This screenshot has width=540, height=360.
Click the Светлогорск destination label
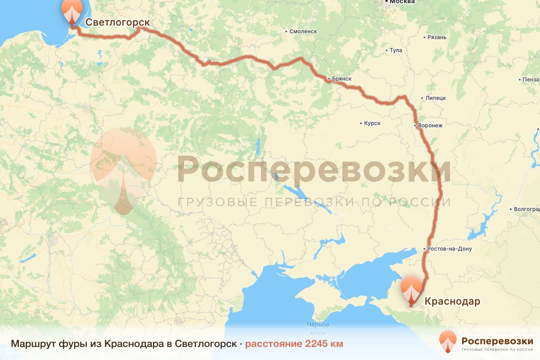point(117,22)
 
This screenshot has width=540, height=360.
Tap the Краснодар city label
point(452,301)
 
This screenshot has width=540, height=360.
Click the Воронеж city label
point(431,126)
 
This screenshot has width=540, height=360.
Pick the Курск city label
point(373,123)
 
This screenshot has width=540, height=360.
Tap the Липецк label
point(435,98)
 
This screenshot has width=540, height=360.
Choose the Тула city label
point(396,50)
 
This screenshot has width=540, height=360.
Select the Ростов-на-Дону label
point(450,249)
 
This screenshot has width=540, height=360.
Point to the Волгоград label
point(527,209)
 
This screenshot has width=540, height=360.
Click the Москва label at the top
point(402,2)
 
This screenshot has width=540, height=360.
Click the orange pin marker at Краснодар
point(411,290)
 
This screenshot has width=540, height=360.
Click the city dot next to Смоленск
point(286,31)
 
